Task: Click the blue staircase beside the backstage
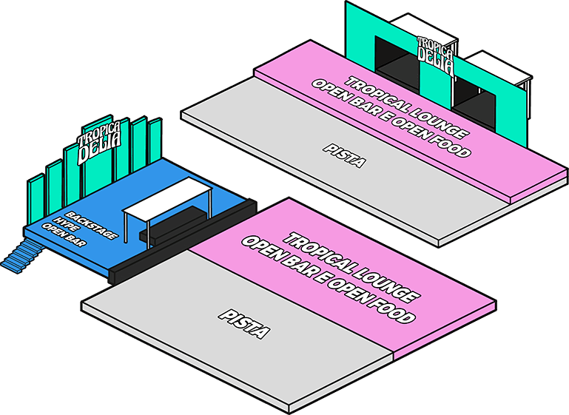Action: coord(20,259)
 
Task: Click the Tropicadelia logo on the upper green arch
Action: coord(435,53)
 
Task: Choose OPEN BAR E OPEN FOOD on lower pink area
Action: coord(329,278)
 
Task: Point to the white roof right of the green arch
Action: coord(503,67)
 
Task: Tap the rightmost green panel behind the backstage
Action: coord(155,141)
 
